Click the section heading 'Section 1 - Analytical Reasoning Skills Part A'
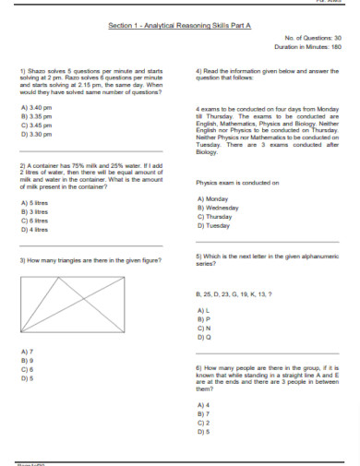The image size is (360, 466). click(x=179, y=26)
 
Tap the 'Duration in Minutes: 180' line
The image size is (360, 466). click(x=308, y=45)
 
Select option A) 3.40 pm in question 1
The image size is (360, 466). click(x=34, y=108)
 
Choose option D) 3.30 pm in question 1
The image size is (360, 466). click(x=34, y=134)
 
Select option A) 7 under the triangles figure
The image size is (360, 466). click(x=27, y=352)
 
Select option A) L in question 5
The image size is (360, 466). click(x=204, y=310)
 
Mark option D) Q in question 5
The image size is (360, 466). click(x=205, y=337)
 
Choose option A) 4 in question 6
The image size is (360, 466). click(x=204, y=405)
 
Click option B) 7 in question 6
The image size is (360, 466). click(x=204, y=414)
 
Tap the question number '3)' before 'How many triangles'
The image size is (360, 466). click(x=22, y=261)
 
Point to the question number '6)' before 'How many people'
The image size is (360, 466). click(x=198, y=367)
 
